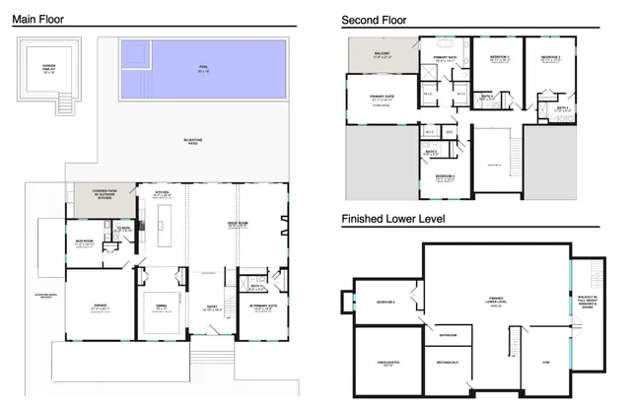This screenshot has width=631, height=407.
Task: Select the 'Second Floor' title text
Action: tap(374, 20)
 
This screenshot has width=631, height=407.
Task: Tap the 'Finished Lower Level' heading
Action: tap(393, 218)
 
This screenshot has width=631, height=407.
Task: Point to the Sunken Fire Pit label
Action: tap(48, 70)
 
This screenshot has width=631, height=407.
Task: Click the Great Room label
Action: tap(237, 226)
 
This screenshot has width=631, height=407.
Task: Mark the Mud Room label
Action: tap(84, 241)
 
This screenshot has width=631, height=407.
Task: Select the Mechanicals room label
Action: tap(448, 363)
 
